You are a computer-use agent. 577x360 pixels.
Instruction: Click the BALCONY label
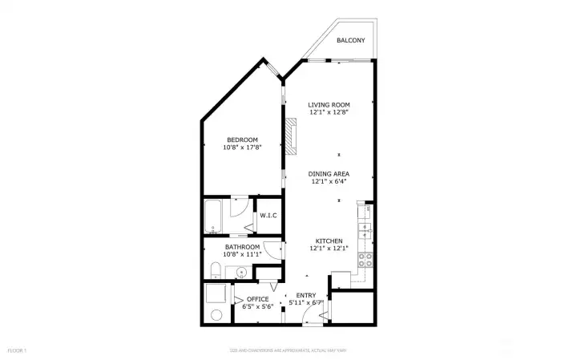(351, 40)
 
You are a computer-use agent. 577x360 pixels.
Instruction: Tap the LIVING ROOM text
(329, 104)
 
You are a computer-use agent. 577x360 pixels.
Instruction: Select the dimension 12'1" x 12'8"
(329, 112)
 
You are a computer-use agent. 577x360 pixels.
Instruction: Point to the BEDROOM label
(241, 140)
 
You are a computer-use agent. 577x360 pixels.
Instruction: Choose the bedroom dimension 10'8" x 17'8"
(241, 148)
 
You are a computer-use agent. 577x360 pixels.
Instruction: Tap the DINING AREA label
(329, 173)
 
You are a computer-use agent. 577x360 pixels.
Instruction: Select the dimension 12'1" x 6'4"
(329, 181)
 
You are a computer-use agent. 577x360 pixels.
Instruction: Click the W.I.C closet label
(268, 214)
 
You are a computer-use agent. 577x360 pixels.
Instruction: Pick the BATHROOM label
(241, 246)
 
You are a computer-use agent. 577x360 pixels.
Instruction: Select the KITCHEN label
(329, 241)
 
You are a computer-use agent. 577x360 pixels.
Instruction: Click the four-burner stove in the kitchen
(365, 259)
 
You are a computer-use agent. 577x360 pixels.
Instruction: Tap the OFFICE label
(258, 299)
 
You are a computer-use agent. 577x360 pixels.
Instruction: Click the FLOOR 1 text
(18, 350)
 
